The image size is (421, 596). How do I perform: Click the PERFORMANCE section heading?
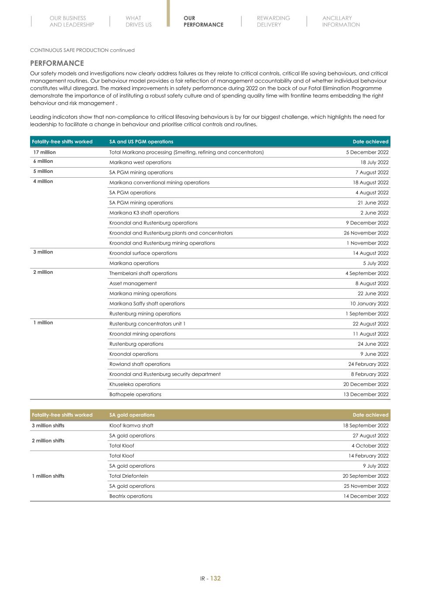tap(57, 63)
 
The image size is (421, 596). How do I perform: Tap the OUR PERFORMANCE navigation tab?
tap(203, 21)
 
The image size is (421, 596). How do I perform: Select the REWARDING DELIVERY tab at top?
tap(273, 21)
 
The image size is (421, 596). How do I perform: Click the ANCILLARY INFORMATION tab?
tap(341, 21)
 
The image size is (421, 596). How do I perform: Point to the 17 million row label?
tap(44, 152)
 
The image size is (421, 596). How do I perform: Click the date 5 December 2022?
tap(367, 152)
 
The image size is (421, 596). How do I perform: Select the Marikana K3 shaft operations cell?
tap(144, 213)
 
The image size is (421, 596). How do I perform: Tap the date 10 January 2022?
tap(369, 303)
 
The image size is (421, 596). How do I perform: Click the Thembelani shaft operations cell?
tap(143, 273)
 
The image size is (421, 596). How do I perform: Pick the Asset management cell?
tap(133, 283)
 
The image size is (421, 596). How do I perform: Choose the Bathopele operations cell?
tap(135, 394)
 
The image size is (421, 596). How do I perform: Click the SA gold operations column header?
tap(132, 415)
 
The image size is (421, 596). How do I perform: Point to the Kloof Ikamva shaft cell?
tap(131, 425)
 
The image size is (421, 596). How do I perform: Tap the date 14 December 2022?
tap(366, 496)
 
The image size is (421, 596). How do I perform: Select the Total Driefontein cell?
tap(129, 476)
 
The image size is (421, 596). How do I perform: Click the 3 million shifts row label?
tap(48, 425)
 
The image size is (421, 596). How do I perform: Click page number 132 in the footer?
tap(216, 579)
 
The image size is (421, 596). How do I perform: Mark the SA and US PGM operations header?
tap(141, 141)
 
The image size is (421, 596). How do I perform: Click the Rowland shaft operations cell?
tap(140, 364)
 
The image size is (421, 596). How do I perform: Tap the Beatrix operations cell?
tap(131, 496)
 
